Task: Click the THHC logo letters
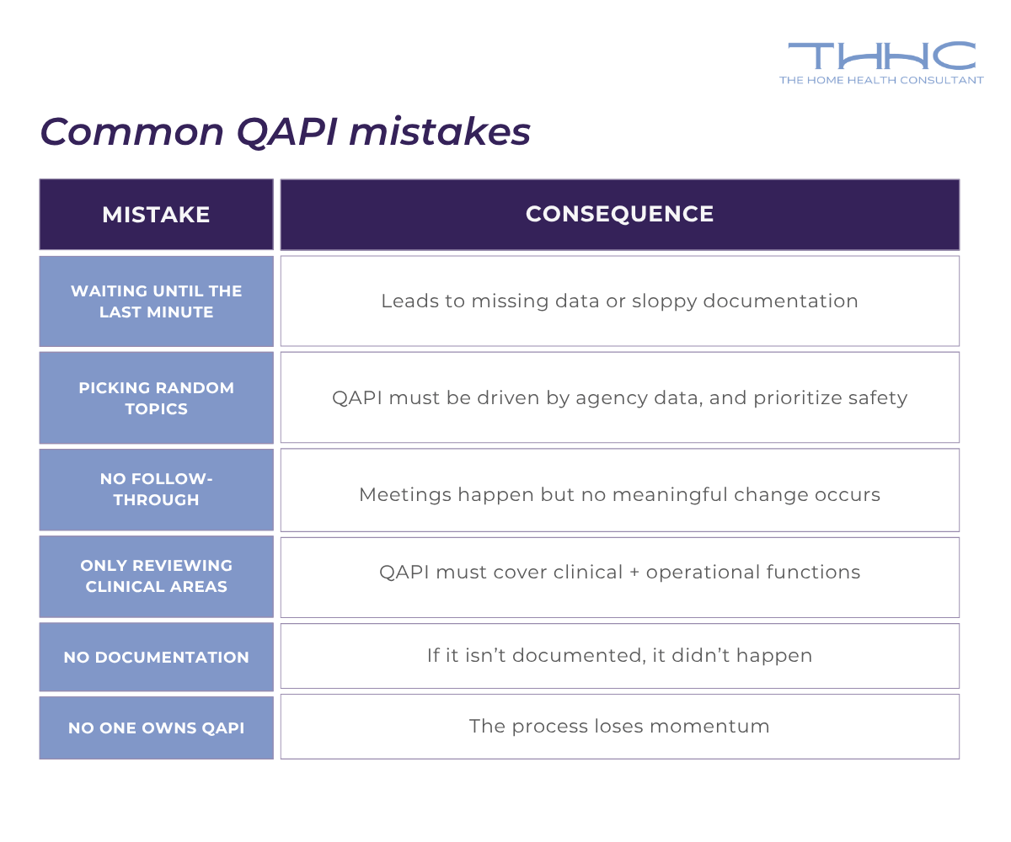click(881, 56)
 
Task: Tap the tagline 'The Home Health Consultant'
click(881, 80)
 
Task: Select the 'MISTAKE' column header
click(156, 215)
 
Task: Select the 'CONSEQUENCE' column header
click(619, 214)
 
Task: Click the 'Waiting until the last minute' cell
click(156, 301)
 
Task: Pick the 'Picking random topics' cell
click(156, 398)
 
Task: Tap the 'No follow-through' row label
click(156, 489)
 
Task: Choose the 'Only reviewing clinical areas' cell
click(156, 576)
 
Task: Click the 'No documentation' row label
click(156, 658)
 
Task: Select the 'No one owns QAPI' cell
click(156, 727)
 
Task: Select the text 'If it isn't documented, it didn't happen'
click(619, 655)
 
